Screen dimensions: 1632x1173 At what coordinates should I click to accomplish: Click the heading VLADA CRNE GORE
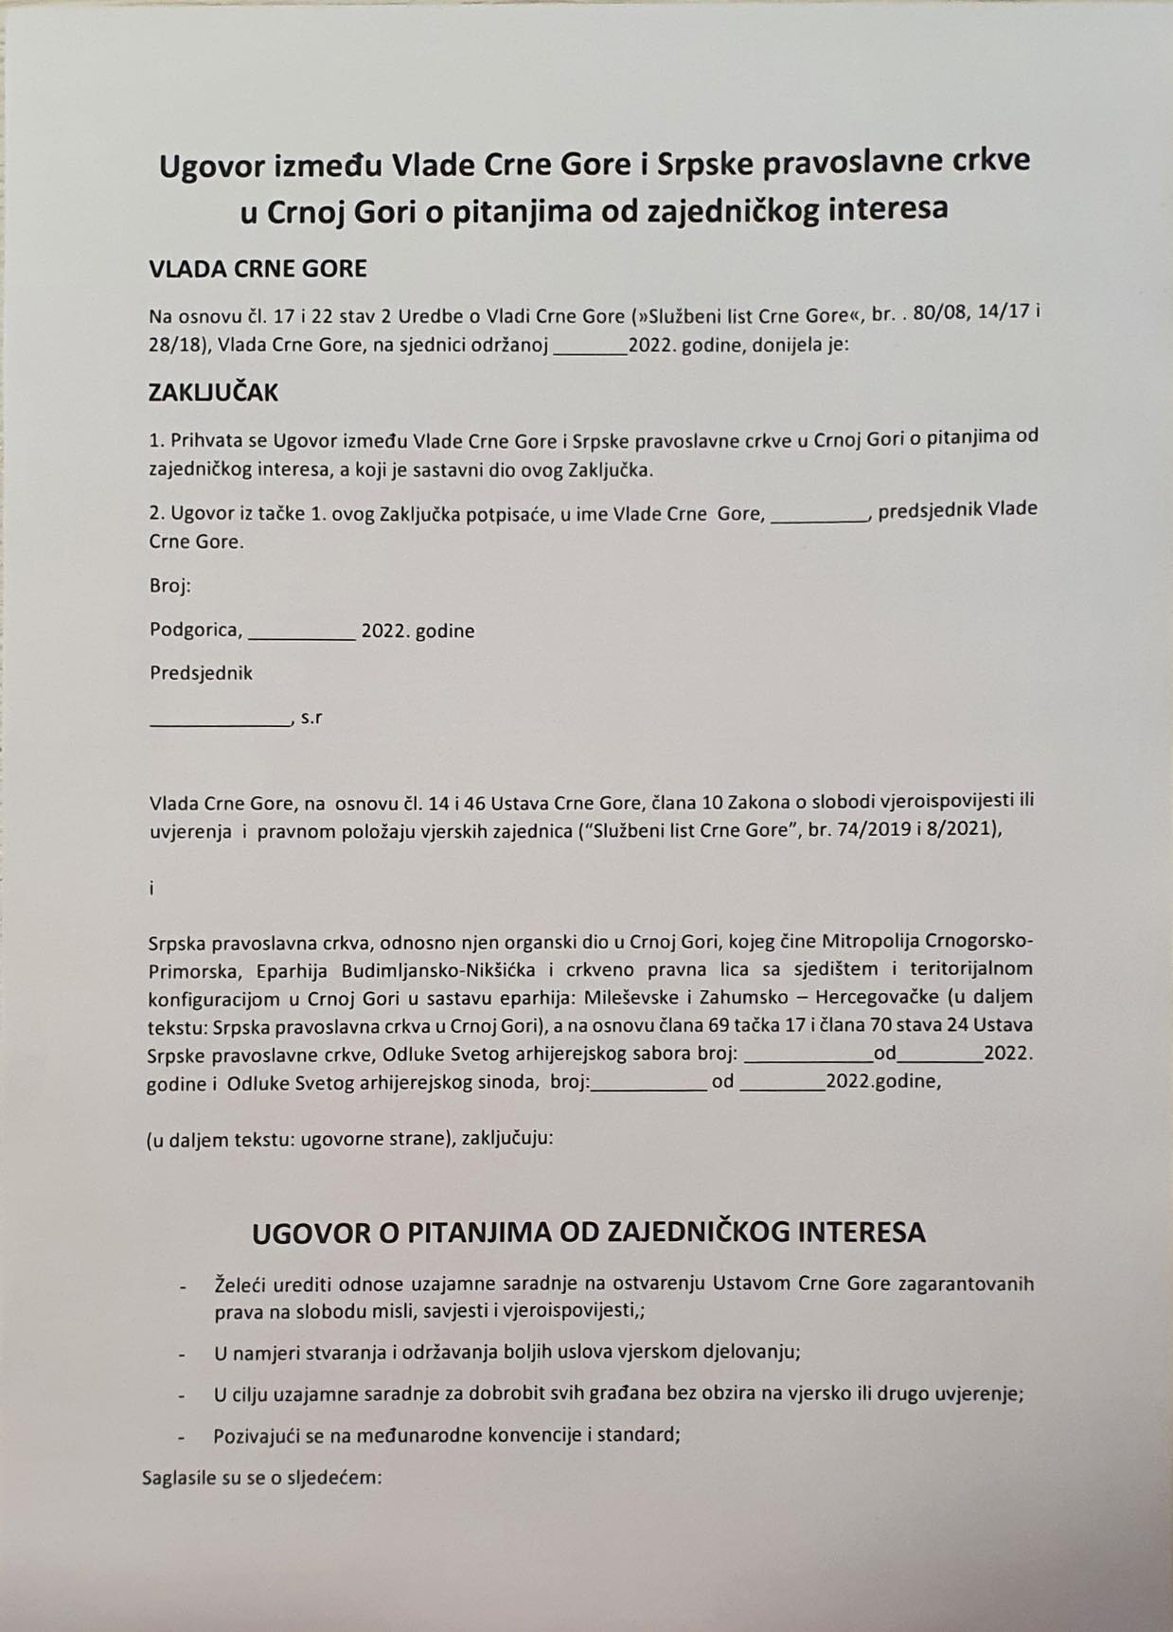click(x=258, y=269)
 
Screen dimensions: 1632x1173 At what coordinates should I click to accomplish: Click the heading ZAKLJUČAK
click(x=213, y=393)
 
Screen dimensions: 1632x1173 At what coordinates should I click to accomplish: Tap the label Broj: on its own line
click(x=170, y=586)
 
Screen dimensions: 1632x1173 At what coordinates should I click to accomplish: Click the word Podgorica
click(x=195, y=630)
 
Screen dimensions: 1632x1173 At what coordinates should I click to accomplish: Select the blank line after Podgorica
click(x=301, y=636)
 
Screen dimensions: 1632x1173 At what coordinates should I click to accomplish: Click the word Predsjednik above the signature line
click(x=201, y=673)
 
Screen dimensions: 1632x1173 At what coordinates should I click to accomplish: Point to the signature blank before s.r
click(x=220, y=721)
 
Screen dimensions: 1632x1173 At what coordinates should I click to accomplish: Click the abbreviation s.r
click(x=312, y=718)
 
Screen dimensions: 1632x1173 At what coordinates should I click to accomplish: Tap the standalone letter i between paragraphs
click(x=151, y=888)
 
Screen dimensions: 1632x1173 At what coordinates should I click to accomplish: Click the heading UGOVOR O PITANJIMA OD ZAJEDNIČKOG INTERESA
click(x=588, y=1232)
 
